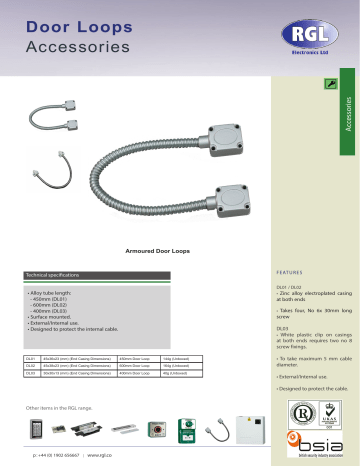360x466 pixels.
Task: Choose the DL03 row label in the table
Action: tap(32, 373)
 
